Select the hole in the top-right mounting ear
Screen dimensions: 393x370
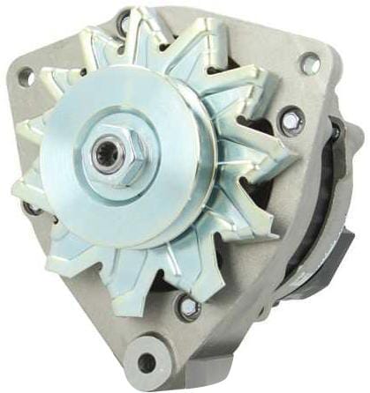(x=310, y=63)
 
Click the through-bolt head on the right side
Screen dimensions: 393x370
(x=291, y=122)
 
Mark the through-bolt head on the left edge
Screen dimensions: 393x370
(x=33, y=209)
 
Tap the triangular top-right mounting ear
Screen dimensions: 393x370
(x=305, y=53)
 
